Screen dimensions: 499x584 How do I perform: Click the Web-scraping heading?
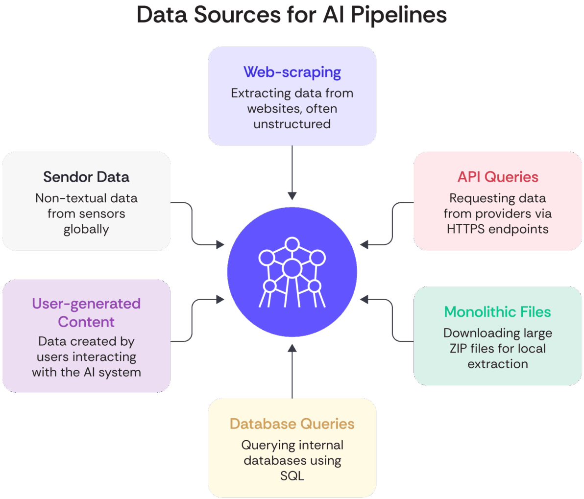tap(292, 72)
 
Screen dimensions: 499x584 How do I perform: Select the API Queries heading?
tap(498, 177)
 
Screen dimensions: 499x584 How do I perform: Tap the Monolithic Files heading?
tap(497, 312)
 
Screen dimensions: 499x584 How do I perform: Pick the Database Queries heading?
tap(292, 424)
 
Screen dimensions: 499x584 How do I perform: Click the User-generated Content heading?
tap(86, 312)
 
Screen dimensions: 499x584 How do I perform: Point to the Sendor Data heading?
tap(86, 177)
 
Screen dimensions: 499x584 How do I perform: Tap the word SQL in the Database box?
tap(292, 475)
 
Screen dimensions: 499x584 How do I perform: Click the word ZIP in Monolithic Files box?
tap(458, 348)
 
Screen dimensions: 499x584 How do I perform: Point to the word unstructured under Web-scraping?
tap(292, 124)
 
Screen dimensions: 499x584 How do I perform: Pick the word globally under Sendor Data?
tap(86, 229)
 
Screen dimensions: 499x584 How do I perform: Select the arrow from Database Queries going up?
tap(292, 372)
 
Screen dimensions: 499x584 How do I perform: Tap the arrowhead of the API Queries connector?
tap(364, 244)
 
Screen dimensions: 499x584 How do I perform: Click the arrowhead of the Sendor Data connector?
tap(220, 244)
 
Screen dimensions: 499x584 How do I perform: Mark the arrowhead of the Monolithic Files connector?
tap(364, 299)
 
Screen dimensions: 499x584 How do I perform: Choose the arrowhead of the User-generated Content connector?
tap(220, 299)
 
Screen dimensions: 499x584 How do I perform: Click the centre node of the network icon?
tap(292, 268)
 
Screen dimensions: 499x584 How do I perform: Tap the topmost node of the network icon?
tap(292, 244)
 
